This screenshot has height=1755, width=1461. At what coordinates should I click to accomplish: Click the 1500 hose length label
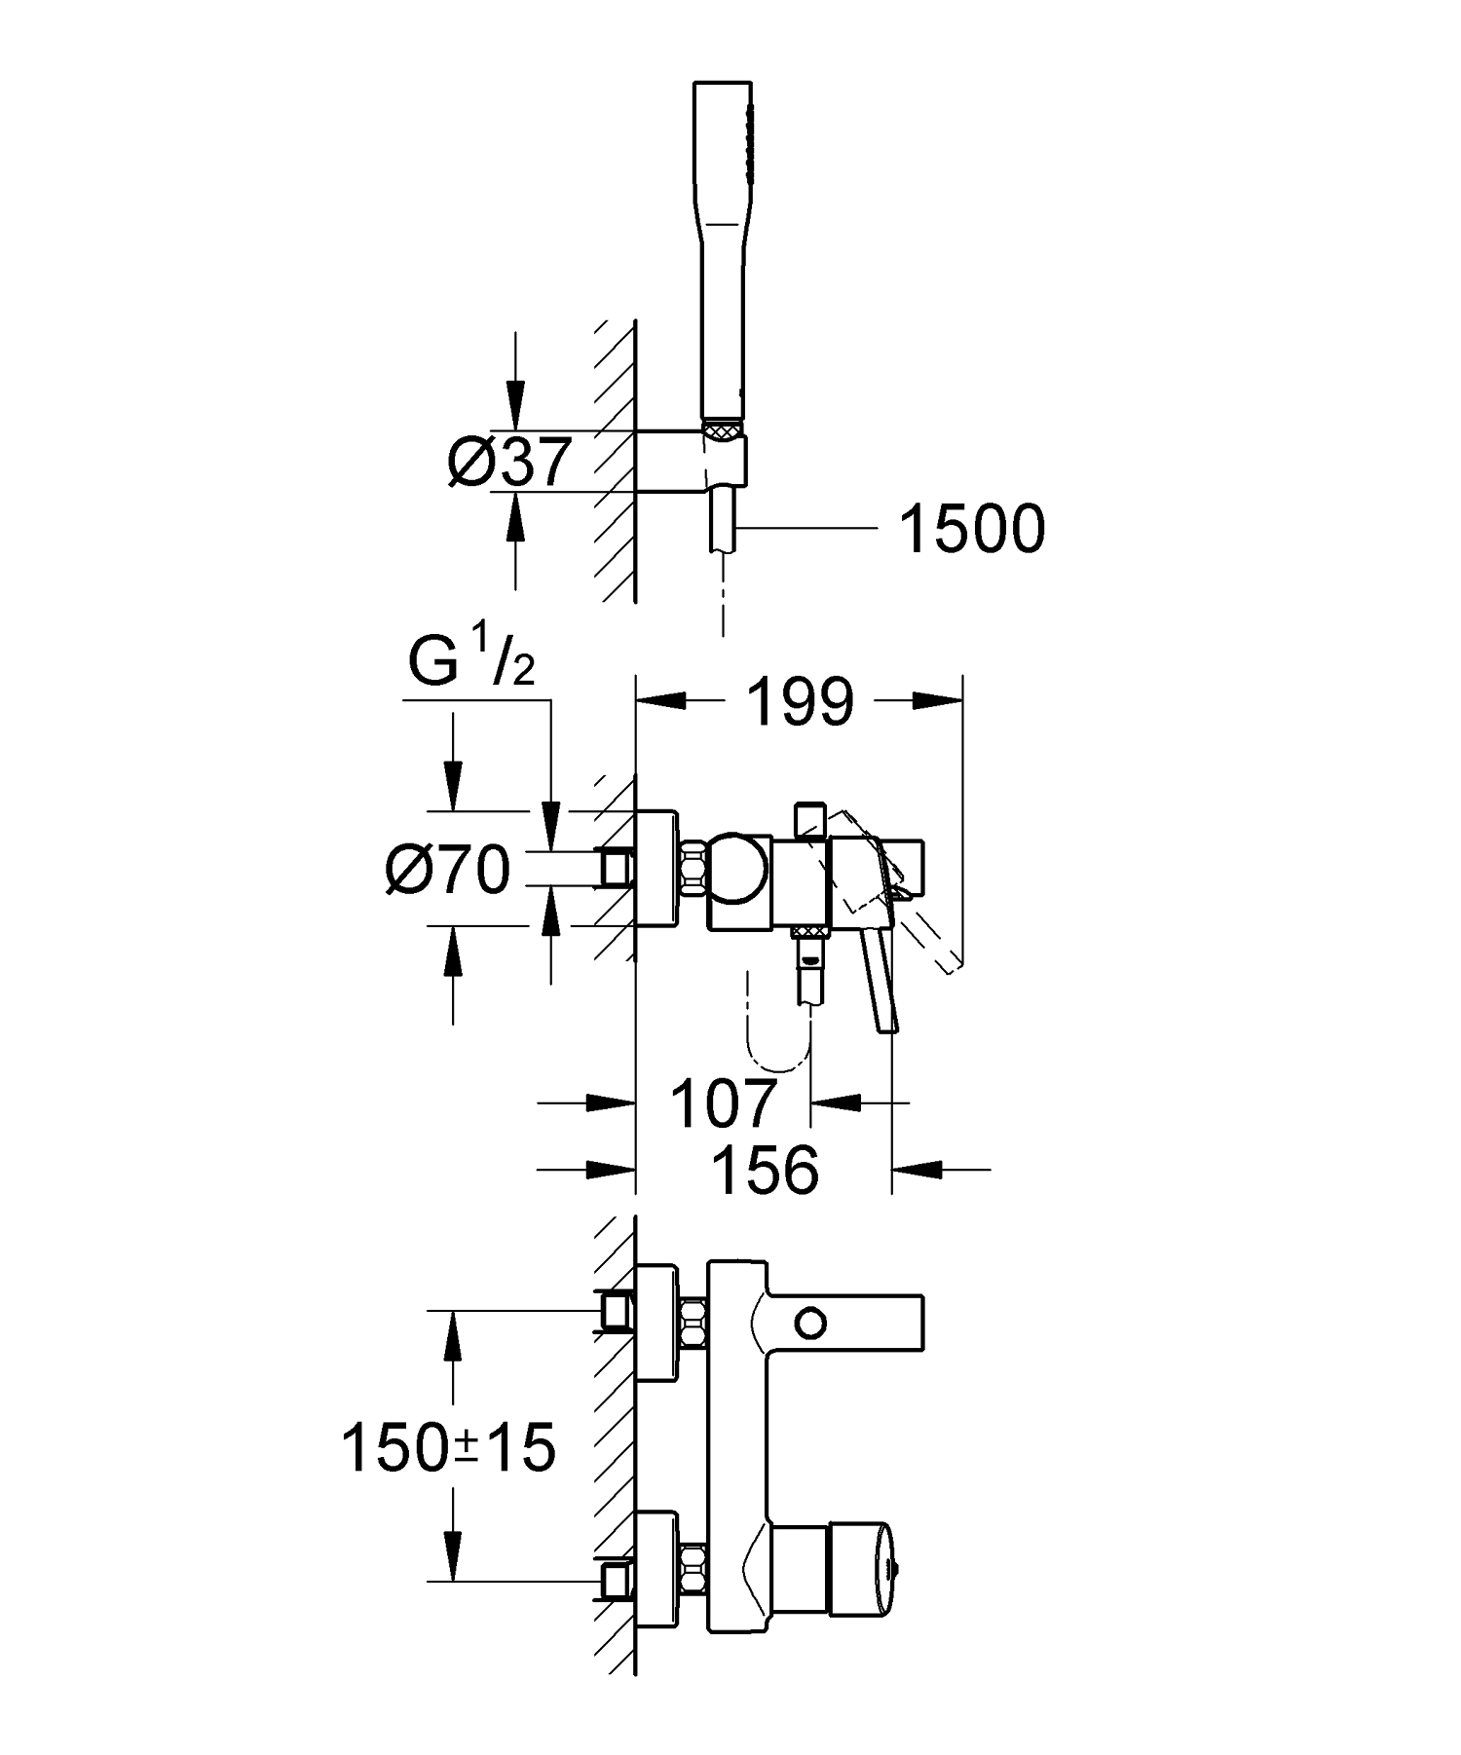pos(971,531)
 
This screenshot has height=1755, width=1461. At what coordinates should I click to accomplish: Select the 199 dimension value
pos(800,702)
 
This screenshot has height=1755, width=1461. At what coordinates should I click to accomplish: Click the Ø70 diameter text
pos(448,869)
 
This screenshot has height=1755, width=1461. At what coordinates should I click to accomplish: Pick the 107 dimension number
pos(723,1102)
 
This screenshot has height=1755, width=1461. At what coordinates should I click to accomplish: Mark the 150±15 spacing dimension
pos(448,1448)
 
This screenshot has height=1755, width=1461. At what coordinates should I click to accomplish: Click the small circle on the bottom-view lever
pos(810,1323)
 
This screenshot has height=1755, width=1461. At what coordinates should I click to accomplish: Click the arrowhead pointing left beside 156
pos(916,1167)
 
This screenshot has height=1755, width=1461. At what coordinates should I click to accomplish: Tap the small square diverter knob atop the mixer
pos(809,820)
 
